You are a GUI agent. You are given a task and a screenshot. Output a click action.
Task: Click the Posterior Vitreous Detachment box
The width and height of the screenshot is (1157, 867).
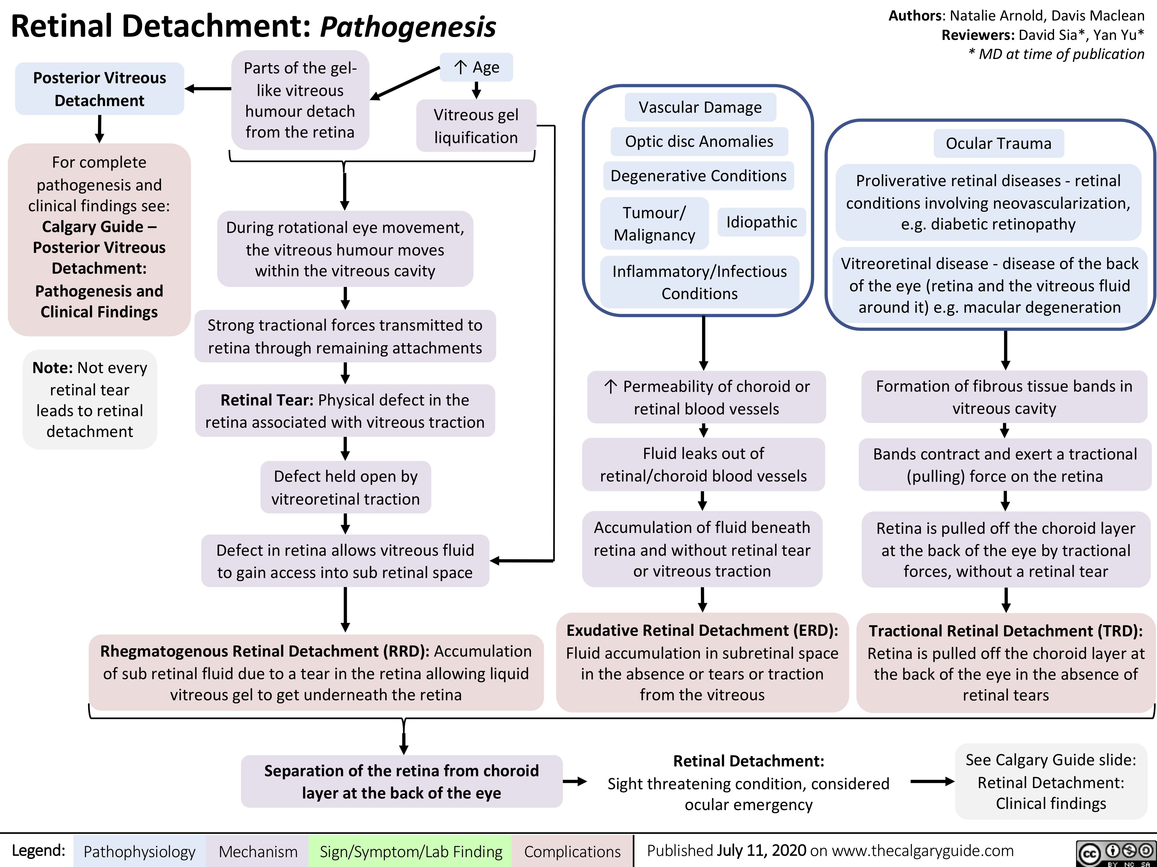[x=100, y=89]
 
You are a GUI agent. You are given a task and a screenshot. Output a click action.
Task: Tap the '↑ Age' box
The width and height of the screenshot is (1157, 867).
[x=476, y=67]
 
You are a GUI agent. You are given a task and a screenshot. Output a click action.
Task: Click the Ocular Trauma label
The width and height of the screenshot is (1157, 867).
[x=998, y=143]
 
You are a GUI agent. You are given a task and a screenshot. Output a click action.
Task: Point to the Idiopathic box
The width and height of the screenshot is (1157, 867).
[x=762, y=222]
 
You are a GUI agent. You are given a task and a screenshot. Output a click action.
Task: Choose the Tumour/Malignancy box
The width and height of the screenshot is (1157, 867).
[x=654, y=224]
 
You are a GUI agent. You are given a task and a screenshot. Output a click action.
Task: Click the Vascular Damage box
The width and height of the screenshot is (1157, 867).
[x=700, y=107]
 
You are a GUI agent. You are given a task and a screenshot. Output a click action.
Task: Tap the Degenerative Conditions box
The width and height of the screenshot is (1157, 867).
[x=698, y=176]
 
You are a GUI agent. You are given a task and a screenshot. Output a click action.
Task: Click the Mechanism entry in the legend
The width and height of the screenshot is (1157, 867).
[x=258, y=851]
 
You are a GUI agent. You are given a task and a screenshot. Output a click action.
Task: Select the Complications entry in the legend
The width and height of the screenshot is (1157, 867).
[x=572, y=851]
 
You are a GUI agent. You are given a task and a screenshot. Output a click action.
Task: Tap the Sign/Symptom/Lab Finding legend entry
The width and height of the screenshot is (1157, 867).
[x=411, y=851]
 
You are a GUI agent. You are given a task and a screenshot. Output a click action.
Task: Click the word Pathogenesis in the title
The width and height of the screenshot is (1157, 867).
[x=408, y=27]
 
